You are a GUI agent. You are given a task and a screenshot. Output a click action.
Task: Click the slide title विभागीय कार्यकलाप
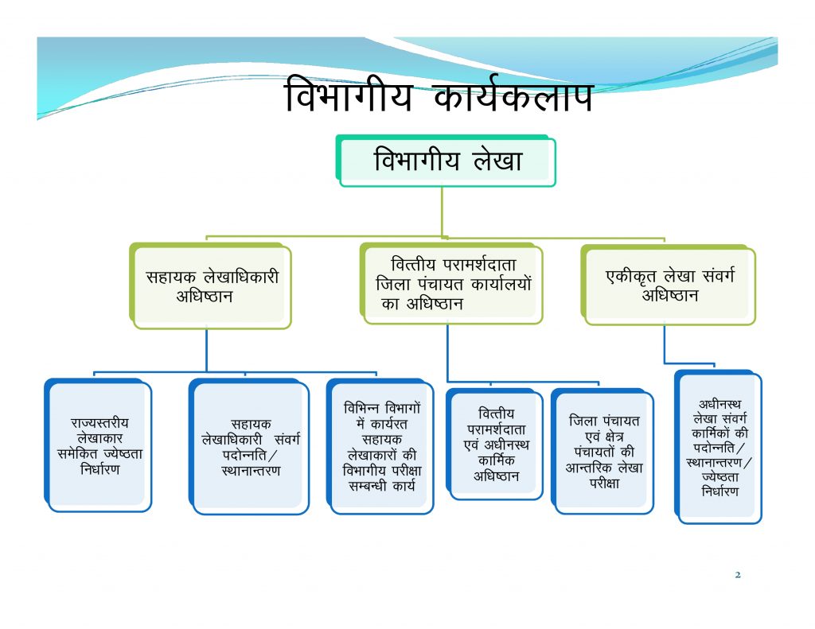[x=439, y=95]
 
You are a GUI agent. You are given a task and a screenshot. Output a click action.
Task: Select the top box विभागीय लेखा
[x=446, y=161]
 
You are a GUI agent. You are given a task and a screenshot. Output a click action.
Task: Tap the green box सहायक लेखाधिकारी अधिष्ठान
[x=210, y=285]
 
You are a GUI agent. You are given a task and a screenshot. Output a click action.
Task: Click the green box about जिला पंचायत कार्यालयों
[x=452, y=284]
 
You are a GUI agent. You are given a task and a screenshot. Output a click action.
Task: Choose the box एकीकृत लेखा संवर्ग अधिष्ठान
[x=669, y=285]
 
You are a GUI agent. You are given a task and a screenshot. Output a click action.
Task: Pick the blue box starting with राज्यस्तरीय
[x=98, y=445]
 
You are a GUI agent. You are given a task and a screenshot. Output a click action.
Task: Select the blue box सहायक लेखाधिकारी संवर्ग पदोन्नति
[x=249, y=446]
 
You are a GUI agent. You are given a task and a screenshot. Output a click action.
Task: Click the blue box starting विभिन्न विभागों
[x=380, y=446]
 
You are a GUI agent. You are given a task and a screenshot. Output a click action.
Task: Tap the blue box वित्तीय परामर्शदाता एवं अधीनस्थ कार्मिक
[x=495, y=444]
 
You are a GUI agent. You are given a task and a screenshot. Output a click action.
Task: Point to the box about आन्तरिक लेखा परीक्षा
[x=603, y=451]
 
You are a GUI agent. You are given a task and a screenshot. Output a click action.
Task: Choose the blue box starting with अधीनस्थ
[x=719, y=447]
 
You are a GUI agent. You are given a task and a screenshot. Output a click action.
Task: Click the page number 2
[x=738, y=574]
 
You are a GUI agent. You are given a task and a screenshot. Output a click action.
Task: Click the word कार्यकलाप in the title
[x=513, y=95]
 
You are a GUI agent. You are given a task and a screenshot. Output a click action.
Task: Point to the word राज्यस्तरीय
[x=99, y=423]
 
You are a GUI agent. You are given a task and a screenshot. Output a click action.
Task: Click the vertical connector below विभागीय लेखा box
[x=443, y=212]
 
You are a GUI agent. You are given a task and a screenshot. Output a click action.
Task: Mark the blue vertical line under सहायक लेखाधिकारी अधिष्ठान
[x=206, y=351]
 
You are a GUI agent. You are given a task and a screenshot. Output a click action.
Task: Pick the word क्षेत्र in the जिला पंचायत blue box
[x=614, y=437]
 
